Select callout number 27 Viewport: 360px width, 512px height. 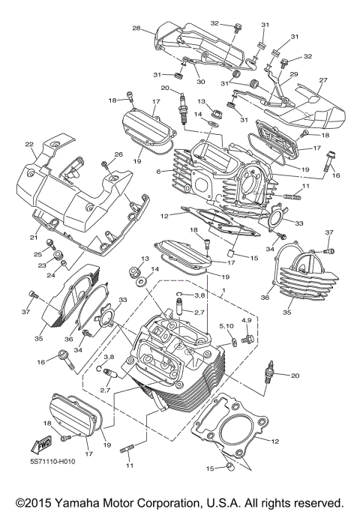coord(323,80)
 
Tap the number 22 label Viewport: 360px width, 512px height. coord(29,145)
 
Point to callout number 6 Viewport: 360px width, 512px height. coord(159,171)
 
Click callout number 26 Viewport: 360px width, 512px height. coord(118,154)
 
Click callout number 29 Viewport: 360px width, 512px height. coord(294,73)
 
